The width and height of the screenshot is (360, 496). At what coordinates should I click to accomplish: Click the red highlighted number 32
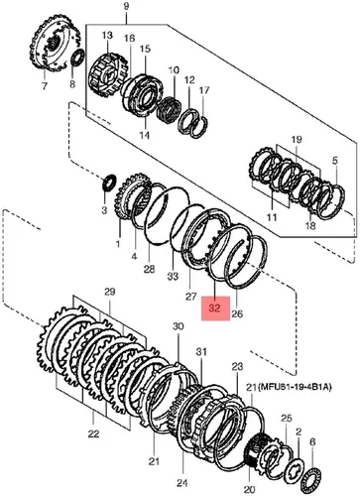tap(215, 309)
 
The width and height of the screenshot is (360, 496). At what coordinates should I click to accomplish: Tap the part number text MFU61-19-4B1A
tap(295, 387)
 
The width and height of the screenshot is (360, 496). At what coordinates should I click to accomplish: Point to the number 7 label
tap(45, 85)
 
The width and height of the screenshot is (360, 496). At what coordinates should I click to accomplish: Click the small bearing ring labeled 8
tap(78, 60)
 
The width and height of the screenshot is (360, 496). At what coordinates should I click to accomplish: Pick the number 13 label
tap(107, 35)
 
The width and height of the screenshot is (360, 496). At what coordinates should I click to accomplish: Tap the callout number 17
tap(204, 90)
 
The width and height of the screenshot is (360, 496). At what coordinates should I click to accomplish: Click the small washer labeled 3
tap(109, 183)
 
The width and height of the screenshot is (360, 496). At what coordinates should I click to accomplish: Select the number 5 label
tap(335, 161)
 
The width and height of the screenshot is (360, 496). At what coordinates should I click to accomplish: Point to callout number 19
tap(297, 140)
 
